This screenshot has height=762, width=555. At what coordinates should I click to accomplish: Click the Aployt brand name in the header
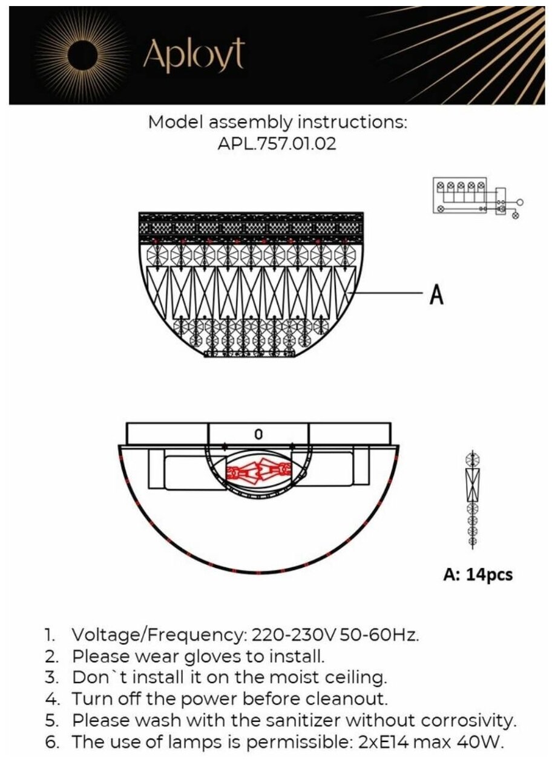coord(194,56)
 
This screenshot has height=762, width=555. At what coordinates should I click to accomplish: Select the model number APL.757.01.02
coord(278,145)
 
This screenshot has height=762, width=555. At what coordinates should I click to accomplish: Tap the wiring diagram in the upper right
coord(476,197)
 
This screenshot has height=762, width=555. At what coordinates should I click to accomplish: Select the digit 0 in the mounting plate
coord(258,434)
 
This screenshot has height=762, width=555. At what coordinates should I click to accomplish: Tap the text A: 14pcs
coord(478,575)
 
